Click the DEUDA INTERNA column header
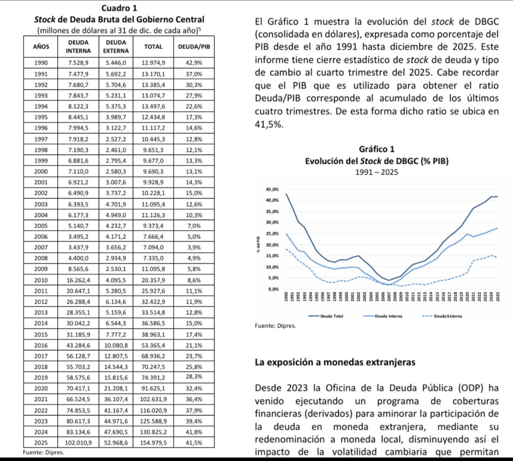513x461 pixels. coord(78,47)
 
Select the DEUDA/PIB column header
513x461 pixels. coord(194,47)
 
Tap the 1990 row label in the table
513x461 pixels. coord(41,63)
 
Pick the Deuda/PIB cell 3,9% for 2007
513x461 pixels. coord(194,247)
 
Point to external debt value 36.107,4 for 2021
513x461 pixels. coord(116,399)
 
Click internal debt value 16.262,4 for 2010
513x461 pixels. coord(78,280)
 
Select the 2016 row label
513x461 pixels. coord(41,345)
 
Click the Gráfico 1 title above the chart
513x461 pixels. coord(377,149)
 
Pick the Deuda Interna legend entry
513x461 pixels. coord(388,316)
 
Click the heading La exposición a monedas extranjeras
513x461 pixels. coord(335,362)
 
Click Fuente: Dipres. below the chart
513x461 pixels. coord(274,326)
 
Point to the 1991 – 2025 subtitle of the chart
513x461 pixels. coord(377,172)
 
